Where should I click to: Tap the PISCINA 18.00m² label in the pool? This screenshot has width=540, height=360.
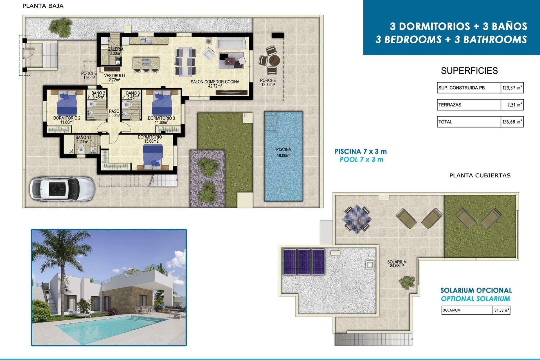283,152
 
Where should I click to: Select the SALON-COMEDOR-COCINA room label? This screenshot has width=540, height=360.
215,84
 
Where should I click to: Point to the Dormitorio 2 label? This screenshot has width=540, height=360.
67,120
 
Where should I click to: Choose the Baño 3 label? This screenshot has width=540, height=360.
133,95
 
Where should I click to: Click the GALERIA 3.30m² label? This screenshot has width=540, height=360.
115,51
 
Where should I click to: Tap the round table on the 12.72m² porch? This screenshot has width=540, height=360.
274,60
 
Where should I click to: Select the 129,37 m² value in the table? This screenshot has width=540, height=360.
512,88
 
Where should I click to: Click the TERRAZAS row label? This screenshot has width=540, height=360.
450,105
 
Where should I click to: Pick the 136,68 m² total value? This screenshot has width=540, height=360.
512,122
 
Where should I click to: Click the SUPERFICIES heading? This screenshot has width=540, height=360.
469,71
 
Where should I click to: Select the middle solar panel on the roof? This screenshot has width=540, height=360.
304,262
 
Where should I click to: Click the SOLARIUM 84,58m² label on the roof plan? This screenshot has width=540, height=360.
397,264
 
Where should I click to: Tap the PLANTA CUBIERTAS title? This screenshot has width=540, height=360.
480,175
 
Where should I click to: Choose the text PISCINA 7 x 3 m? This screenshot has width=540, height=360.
361,152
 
